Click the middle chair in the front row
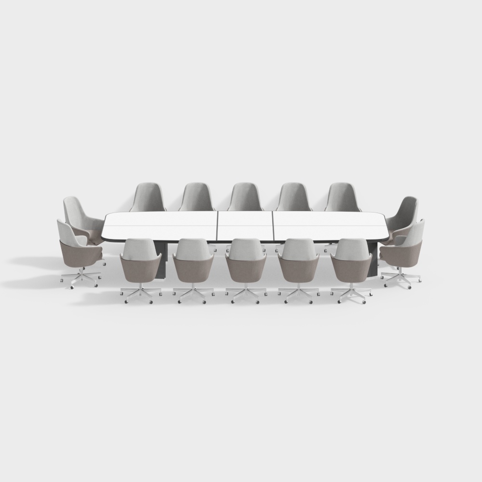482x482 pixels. (246, 263)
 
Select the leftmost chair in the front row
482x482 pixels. (141, 263)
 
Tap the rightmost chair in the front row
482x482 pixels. (352, 263)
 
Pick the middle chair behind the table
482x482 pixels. (245, 198)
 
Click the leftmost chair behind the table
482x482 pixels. (148, 198)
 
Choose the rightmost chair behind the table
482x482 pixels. (343, 198)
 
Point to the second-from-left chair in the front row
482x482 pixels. (193, 263)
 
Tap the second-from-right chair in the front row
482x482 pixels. (298, 263)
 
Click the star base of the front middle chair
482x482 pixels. (246, 294)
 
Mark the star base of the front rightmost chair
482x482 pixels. (352, 295)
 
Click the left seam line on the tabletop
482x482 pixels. (218, 227)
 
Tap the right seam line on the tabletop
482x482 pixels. (273, 227)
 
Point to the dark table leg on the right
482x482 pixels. (372, 258)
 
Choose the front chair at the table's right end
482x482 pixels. (405, 248)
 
